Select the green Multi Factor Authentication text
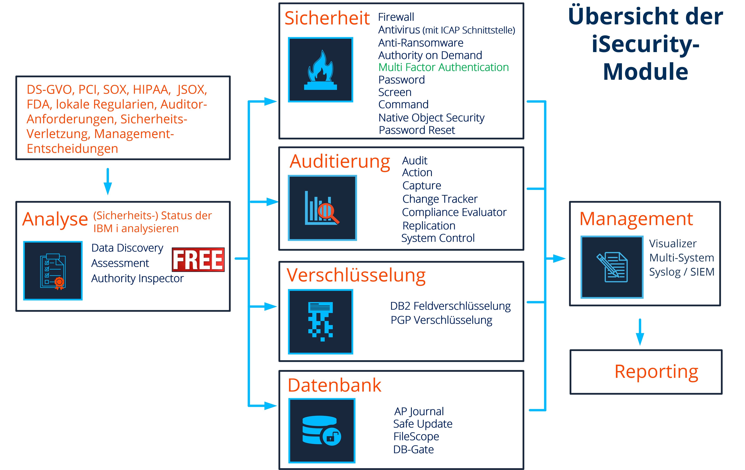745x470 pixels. coord(443,67)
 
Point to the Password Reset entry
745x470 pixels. coord(417,130)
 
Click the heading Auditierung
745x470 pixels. coord(340,161)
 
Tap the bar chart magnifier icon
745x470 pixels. coord(322,208)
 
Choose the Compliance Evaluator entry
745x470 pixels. coord(454,212)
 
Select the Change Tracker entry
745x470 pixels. coord(440,199)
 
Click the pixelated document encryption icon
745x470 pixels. coord(321,322)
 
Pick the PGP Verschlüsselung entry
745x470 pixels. coord(441,320)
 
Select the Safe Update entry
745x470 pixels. coord(423,424)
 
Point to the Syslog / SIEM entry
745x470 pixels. coord(682,272)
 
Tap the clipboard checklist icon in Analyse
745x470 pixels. coord(53,271)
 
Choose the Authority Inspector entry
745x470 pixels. coord(137,278)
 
